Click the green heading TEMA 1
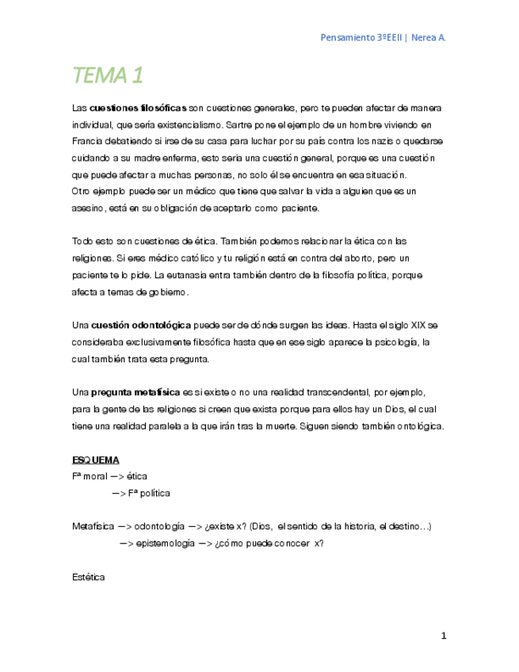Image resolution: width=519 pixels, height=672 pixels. pos(108,76)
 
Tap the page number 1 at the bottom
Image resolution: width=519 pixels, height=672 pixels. pos(445,636)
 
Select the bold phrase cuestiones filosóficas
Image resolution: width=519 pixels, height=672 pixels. pos(139,108)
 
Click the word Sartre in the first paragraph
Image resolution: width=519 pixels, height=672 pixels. pos(239,124)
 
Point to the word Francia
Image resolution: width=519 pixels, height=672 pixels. pos(86,141)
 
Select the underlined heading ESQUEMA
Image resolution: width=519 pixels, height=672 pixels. pos(96,460)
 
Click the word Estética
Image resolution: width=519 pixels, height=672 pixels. pos(88,577)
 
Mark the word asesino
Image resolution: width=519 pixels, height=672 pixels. pos(87,208)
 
